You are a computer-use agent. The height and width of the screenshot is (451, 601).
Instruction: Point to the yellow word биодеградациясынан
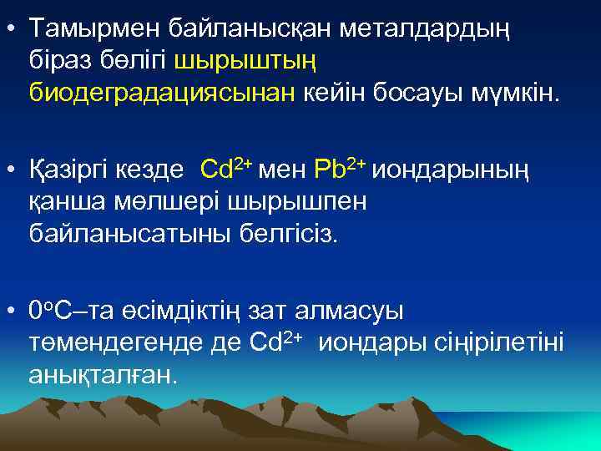point(162,92)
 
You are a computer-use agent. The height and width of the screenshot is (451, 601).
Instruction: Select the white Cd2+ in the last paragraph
point(276,342)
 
